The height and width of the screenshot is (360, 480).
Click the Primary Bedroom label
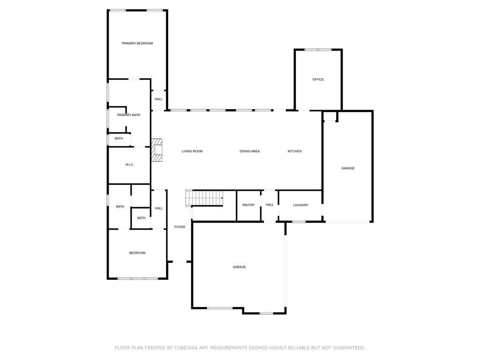coord(137,44)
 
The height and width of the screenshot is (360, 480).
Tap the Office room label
coord(318,80)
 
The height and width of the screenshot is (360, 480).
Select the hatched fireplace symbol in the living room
coord(157,150)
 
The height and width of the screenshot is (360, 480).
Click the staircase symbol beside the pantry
coord(205,198)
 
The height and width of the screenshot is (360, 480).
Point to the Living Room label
coord(192,151)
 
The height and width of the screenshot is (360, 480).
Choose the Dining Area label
coord(249,151)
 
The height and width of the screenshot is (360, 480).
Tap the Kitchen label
coord(295,151)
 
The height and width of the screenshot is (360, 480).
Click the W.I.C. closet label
coord(130,165)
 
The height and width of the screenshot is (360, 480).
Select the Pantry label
coord(248,205)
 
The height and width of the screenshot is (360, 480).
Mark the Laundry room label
coord(300,205)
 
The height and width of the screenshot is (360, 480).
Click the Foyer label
coord(180,227)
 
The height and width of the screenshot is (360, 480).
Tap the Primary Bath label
coord(128,115)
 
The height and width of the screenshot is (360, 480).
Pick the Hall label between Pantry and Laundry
coord(270,205)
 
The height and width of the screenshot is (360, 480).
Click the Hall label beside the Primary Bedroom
coord(159,99)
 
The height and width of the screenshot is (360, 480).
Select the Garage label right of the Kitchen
coord(348,168)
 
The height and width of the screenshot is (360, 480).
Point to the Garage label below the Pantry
coord(240,267)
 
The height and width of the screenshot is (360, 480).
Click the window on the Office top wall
coord(318,50)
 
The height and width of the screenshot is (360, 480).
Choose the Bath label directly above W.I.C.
coord(119,139)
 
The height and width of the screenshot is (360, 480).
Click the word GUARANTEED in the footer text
coord(347,348)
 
